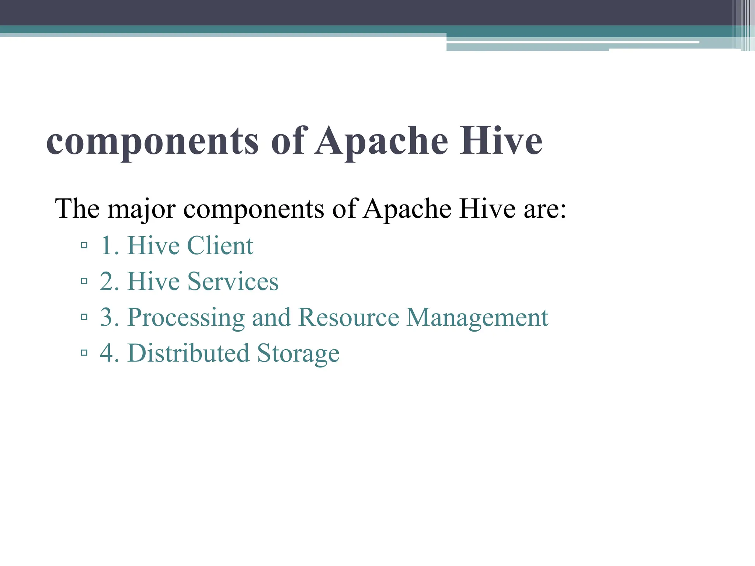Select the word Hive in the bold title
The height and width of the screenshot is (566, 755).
click(x=501, y=141)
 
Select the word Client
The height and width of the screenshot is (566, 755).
click(x=220, y=245)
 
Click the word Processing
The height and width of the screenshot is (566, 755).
click(x=186, y=318)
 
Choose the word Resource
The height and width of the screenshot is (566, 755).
click(x=349, y=317)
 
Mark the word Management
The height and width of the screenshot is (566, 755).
click(x=477, y=318)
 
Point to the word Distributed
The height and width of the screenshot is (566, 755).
click(x=188, y=353)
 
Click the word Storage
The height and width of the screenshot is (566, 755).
click(x=298, y=354)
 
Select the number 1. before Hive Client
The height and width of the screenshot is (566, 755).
click(x=109, y=245)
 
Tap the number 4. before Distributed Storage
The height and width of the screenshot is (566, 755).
click(x=109, y=353)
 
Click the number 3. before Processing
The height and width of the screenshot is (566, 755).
click(x=109, y=317)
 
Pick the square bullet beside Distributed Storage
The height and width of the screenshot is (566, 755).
click(x=84, y=353)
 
